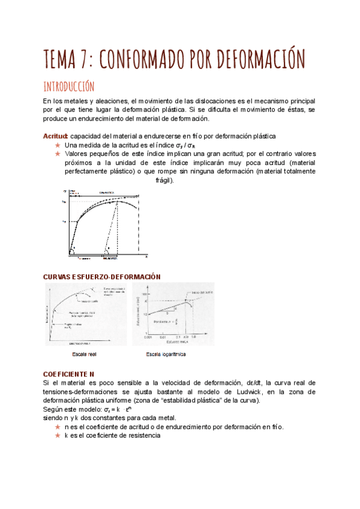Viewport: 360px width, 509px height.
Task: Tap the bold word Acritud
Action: [56, 136]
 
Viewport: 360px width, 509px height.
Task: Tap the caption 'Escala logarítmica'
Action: [166, 354]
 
